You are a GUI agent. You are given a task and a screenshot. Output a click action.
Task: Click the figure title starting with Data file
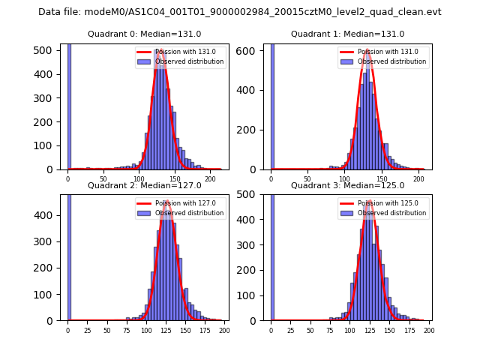pyautogui.click(x=240, y=12)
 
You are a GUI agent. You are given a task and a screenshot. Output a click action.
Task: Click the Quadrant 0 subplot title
pyautogui.click(x=144, y=34)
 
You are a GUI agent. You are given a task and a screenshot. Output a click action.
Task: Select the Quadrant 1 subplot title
pyautogui.click(x=347, y=34)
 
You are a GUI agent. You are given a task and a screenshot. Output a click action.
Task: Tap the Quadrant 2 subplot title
pyautogui.click(x=144, y=185)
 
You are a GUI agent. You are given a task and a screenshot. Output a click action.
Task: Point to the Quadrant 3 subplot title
pyautogui.click(x=347, y=185)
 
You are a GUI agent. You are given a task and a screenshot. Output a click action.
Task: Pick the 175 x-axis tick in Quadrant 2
pyautogui.click(x=203, y=331)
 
